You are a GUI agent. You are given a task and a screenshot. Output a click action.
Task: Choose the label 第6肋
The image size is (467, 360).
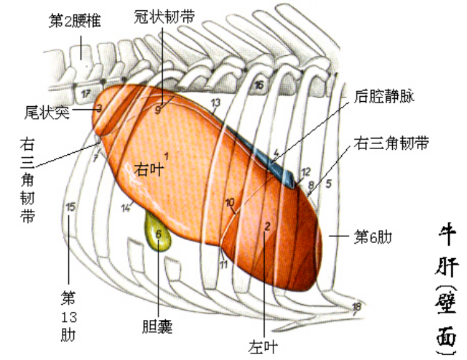pos(372,236)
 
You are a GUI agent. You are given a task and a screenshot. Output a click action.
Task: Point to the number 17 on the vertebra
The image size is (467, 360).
pos(86,93)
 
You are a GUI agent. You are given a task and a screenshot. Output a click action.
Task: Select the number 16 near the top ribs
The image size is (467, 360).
pos(259,85)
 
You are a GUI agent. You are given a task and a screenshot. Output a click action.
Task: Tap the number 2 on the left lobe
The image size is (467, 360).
pos(268,225)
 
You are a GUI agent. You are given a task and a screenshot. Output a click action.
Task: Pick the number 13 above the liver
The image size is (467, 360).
pos(215,103)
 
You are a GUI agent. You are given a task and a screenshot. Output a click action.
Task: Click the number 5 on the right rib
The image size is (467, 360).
pos(328,183)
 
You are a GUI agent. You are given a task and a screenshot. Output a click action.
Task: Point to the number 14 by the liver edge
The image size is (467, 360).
pos(126,208)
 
